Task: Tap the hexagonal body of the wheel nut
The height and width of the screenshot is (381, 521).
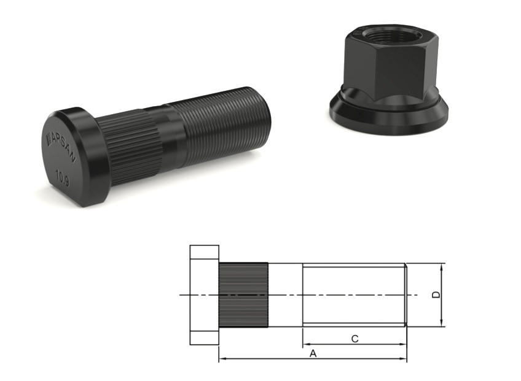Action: click(381, 67)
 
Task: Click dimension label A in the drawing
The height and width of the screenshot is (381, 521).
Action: click(313, 353)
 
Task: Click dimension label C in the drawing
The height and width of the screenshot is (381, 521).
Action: click(355, 339)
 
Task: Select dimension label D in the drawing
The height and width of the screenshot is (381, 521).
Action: click(436, 295)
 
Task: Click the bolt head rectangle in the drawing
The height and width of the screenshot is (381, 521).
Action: click(204, 295)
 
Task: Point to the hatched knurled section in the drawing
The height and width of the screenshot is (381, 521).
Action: click(243, 295)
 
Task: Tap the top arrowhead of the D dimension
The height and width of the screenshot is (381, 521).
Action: click(442, 266)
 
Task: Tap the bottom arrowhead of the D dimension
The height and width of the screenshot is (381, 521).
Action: click(442, 324)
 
